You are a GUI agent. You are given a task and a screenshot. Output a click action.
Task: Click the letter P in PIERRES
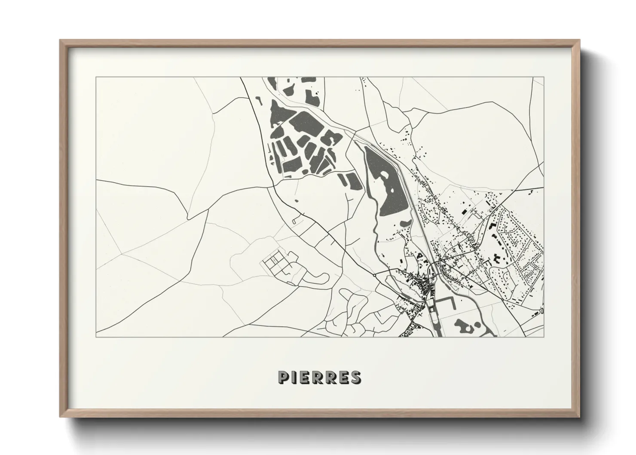coord(284,377)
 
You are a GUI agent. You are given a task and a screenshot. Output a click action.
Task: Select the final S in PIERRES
coord(355,377)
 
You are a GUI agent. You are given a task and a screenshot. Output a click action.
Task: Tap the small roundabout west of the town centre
coord(375,274)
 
